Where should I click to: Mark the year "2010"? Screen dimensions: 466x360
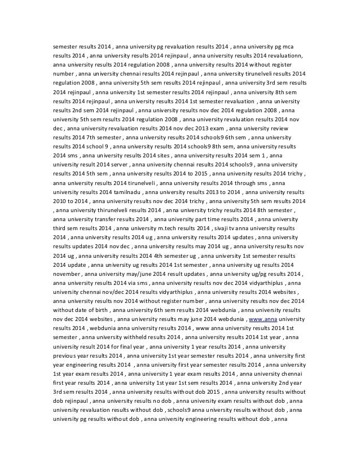click(x=60, y=201)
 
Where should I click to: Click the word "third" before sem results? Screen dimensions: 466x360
click(x=61, y=228)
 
